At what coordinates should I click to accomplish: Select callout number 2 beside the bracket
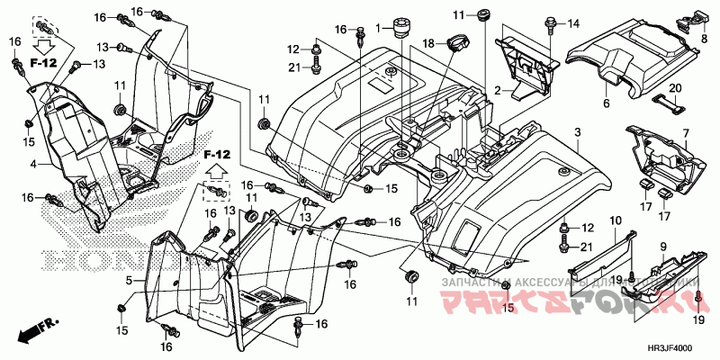click(496, 90)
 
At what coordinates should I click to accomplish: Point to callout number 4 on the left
click(32, 165)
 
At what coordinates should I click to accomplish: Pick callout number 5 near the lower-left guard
click(129, 280)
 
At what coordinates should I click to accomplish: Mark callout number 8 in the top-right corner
click(703, 38)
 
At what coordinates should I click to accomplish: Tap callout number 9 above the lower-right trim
click(663, 246)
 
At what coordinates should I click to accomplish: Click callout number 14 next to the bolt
click(574, 22)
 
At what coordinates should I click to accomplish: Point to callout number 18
click(429, 43)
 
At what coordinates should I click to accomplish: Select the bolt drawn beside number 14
click(548, 25)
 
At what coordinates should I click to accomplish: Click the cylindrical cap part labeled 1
click(399, 30)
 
